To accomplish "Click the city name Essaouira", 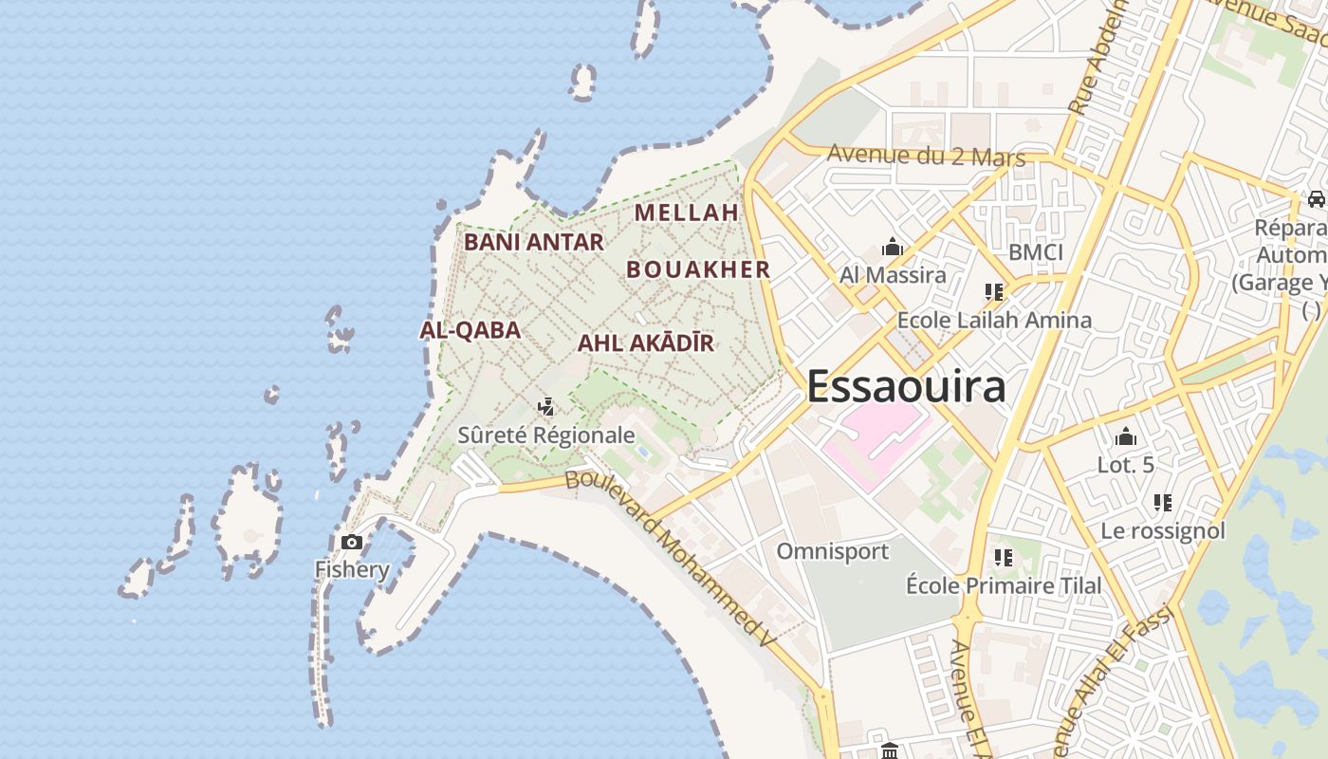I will pyautogui.click(x=906, y=387).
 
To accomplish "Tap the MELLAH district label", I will pyautogui.click(x=686, y=213).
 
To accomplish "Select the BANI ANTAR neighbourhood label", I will pyautogui.click(x=533, y=242).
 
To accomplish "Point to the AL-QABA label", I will pyautogui.click(x=470, y=330).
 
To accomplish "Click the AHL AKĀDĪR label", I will pyautogui.click(x=645, y=343).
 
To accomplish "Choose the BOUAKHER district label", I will pyautogui.click(x=698, y=269).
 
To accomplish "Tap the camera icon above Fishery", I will pyautogui.click(x=352, y=543).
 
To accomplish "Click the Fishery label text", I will pyautogui.click(x=352, y=569).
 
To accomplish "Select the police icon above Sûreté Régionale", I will pyautogui.click(x=545, y=408).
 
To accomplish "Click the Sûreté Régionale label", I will pyautogui.click(x=546, y=435).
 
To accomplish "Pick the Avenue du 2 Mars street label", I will pyautogui.click(x=926, y=156).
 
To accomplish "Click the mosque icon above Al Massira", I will pyautogui.click(x=893, y=248).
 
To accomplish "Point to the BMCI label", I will pyautogui.click(x=1036, y=252).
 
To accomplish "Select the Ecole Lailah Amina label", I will pyautogui.click(x=994, y=320).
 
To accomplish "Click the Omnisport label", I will pyautogui.click(x=832, y=551).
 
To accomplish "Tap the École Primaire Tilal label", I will pyautogui.click(x=1004, y=585).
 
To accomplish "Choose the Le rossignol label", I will pyautogui.click(x=1163, y=530).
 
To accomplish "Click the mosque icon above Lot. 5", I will pyautogui.click(x=1126, y=436).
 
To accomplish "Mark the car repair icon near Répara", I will pyautogui.click(x=1316, y=199).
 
